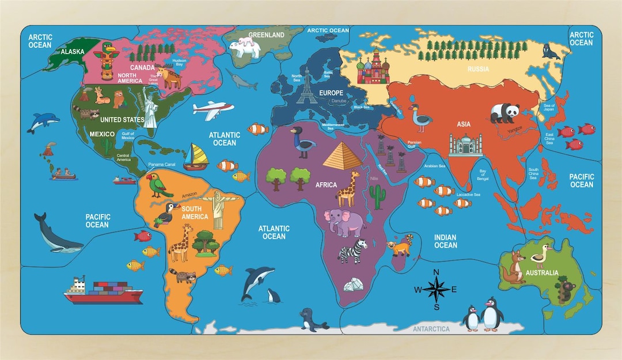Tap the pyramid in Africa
pyautogui.click(x=342, y=156)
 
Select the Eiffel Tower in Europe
pyautogui.click(x=306, y=86)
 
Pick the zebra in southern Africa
pyautogui.click(x=352, y=252)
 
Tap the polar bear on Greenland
pyautogui.click(x=245, y=46)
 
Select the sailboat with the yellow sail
pyautogui.click(x=196, y=156)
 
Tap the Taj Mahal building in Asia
pyautogui.click(x=465, y=145)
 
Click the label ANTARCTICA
pyautogui.click(x=431, y=329)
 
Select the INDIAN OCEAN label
pyautogui.click(x=445, y=241)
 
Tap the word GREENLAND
pyautogui.click(x=266, y=35)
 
